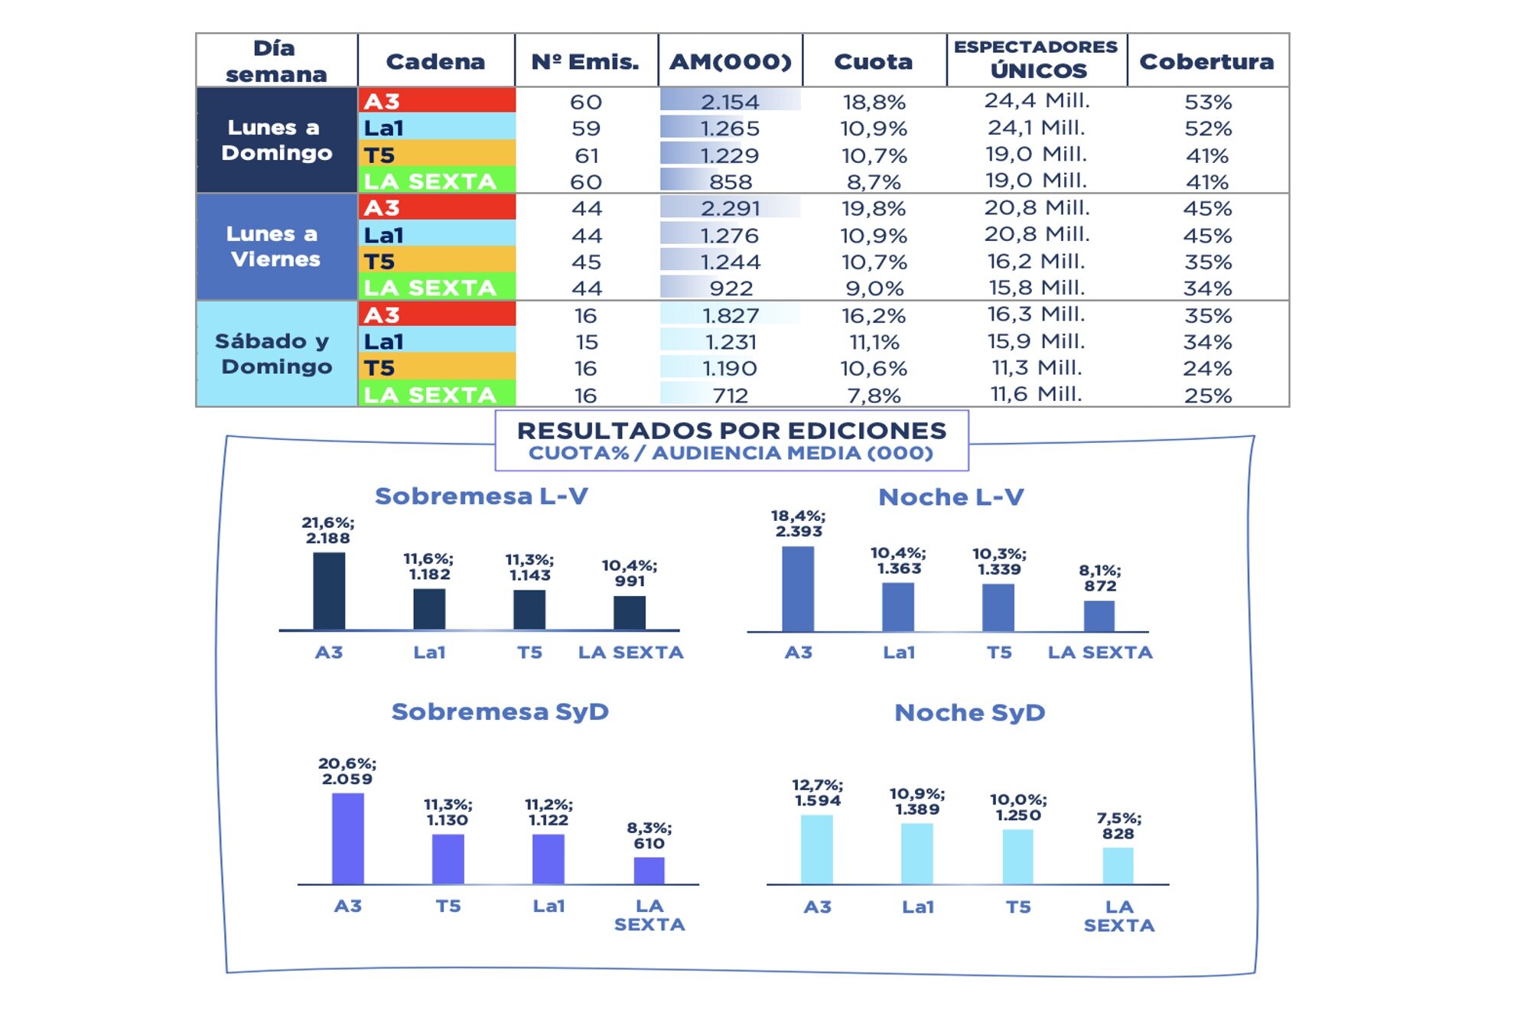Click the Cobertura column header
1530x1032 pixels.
1206,61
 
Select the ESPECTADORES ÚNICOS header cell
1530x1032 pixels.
1037,59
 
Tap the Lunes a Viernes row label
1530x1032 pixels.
275,246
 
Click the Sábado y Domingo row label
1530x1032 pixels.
275,353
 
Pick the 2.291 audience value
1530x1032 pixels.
730,208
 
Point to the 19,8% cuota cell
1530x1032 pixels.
873,208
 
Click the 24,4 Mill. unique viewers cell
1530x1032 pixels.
1037,101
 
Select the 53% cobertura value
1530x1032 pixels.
1207,102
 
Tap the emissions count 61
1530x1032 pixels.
586,155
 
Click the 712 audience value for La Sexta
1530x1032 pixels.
730,396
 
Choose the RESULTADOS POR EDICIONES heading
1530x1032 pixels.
731,431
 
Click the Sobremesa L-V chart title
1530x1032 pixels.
481,496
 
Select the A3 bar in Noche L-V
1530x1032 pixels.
798,589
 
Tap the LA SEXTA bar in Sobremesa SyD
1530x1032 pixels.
649,871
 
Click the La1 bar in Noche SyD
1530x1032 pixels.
916,854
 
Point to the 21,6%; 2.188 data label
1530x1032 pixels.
327,530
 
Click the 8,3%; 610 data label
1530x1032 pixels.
649,835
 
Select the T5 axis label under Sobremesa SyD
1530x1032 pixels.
448,906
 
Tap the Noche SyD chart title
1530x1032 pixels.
969,712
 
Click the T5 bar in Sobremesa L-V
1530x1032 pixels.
529,610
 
